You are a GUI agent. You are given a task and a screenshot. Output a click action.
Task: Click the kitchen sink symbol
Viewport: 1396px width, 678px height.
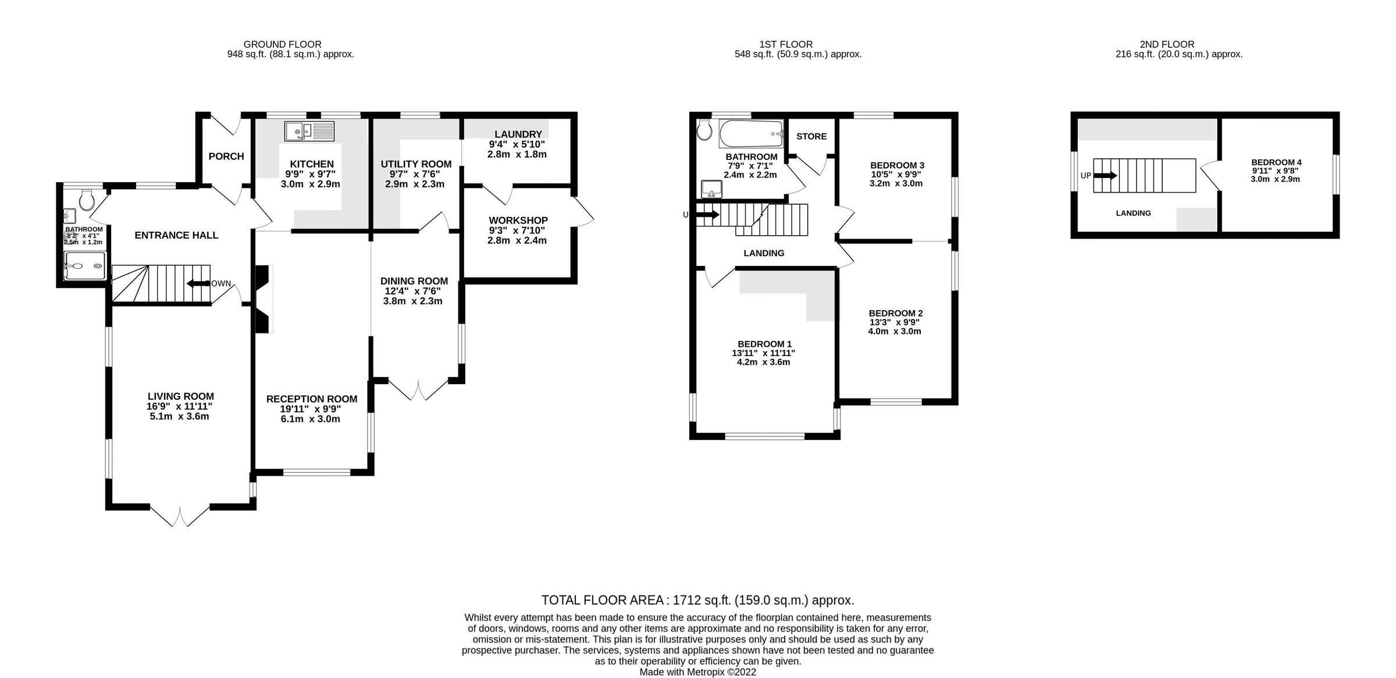pyautogui.click(x=309, y=131)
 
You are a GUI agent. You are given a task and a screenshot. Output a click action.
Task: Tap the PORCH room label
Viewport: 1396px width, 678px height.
pyautogui.click(x=226, y=156)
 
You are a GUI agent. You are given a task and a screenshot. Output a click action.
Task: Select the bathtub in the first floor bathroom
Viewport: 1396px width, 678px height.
pyautogui.click(x=751, y=134)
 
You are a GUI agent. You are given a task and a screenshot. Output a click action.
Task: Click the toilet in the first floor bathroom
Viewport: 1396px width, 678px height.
pyautogui.click(x=704, y=131)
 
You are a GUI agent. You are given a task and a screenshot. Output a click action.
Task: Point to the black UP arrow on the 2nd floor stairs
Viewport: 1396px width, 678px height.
pyautogui.click(x=1105, y=175)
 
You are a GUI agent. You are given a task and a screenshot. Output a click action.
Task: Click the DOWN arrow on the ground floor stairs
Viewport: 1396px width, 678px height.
pyautogui.click(x=198, y=283)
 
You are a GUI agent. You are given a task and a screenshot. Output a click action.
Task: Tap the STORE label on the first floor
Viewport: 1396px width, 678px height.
pyautogui.click(x=811, y=136)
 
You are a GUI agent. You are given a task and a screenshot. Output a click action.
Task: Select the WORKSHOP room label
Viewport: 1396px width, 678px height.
pyautogui.click(x=518, y=221)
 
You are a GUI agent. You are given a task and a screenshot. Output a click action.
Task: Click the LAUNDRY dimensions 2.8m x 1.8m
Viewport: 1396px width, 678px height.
pyautogui.click(x=517, y=154)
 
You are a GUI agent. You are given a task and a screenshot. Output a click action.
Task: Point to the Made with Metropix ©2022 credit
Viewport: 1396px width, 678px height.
pyautogui.click(x=697, y=672)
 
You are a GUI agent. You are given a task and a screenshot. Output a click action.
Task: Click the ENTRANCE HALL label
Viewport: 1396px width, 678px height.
pyautogui.click(x=176, y=235)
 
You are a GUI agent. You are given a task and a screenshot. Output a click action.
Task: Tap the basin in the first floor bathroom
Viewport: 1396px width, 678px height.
pyautogui.click(x=711, y=189)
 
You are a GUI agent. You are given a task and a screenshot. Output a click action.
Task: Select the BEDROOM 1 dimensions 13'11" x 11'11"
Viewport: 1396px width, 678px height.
pyautogui.click(x=763, y=353)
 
